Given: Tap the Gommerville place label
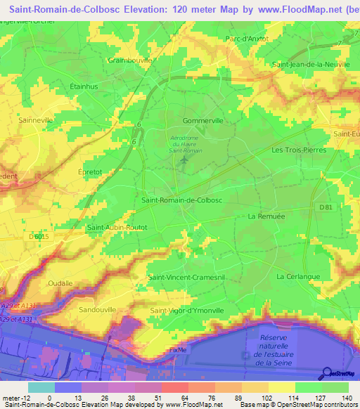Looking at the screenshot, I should point(202,121).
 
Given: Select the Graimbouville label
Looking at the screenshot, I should point(130,60).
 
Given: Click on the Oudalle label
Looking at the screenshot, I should point(60,283).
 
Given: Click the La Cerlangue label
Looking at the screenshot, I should point(298,277).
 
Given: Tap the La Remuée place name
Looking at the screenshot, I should point(265,217).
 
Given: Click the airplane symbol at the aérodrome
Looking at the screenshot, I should point(184,162).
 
